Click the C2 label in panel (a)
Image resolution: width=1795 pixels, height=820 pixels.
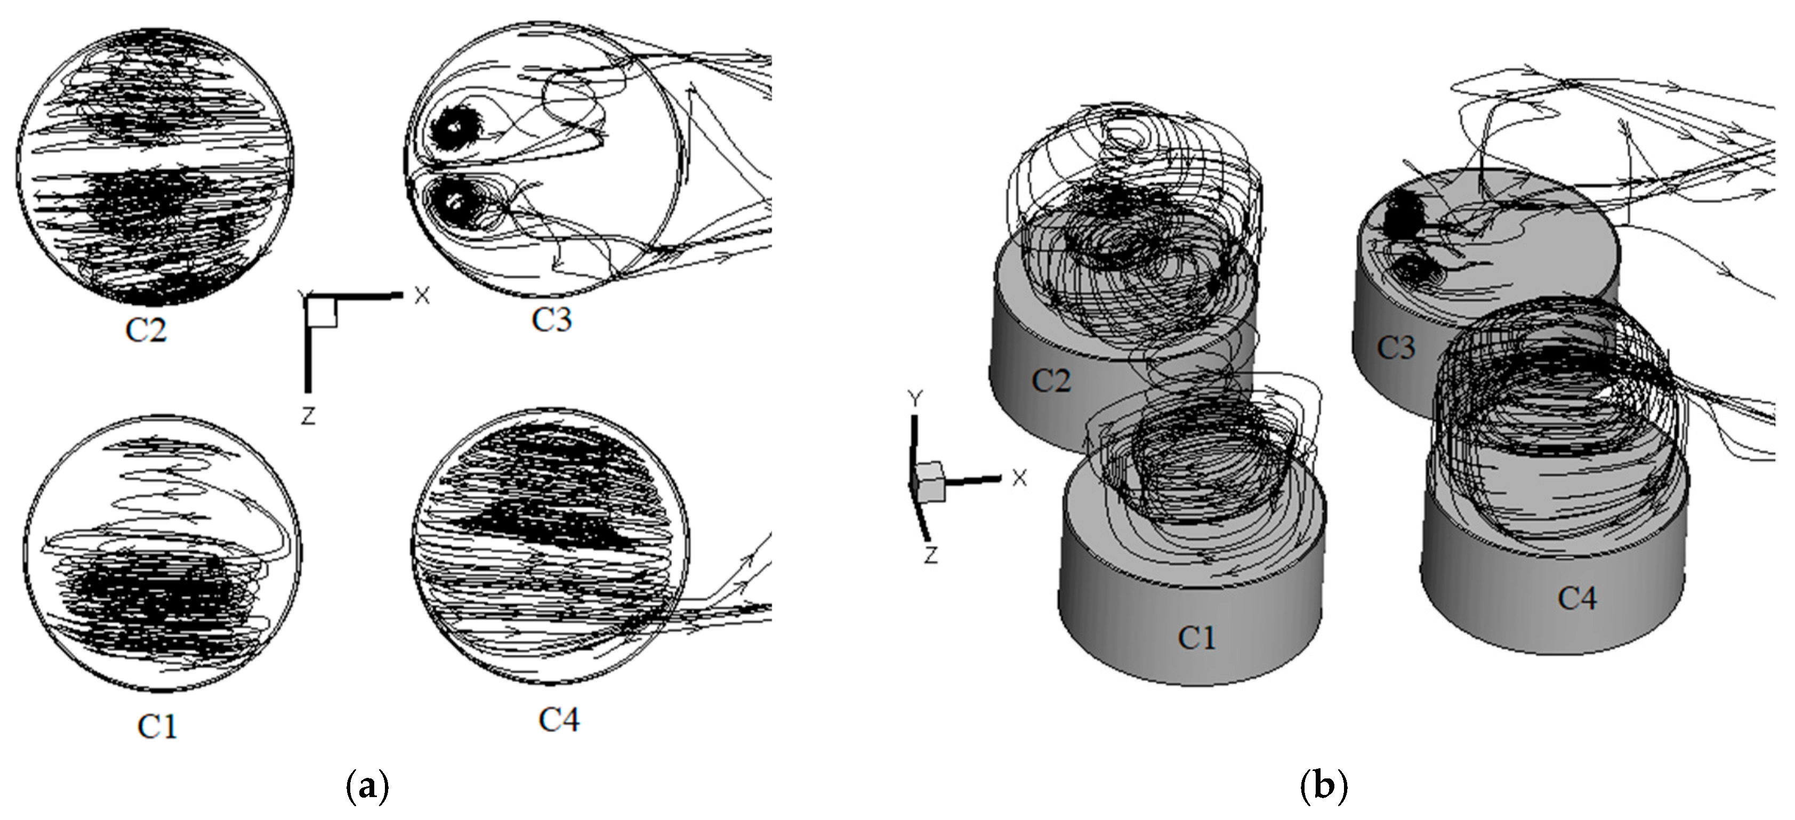(x=146, y=330)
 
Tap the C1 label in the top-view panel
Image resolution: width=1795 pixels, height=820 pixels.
(x=157, y=727)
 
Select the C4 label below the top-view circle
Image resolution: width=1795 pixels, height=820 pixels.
(x=559, y=720)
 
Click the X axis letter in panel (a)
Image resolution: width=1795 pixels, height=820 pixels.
(x=422, y=295)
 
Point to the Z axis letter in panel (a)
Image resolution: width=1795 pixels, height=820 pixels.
(x=308, y=416)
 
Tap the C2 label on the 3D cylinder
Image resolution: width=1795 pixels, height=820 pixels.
(x=1050, y=380)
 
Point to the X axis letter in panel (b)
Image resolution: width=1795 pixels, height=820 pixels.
(x=1019, y=478)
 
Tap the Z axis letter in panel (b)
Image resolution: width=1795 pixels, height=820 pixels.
(x=931, y=555)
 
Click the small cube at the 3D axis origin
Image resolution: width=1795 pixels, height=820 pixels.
(x=930, y=482)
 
